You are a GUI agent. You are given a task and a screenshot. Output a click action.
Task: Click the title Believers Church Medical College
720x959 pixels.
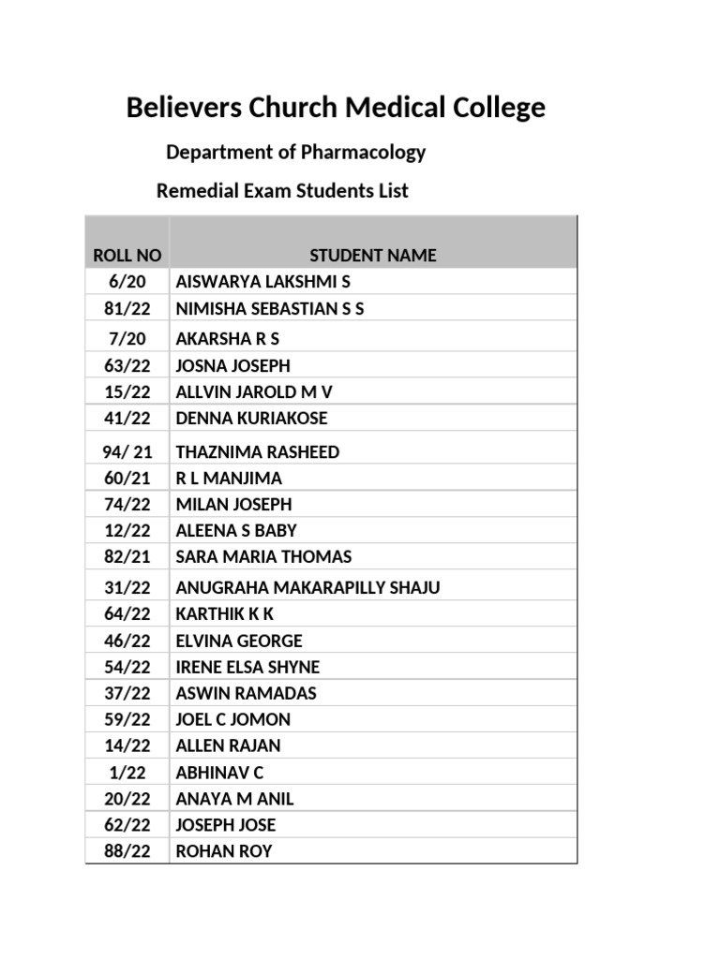point(336,109)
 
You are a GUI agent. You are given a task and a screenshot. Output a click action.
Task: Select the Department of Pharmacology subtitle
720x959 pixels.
point(295,152)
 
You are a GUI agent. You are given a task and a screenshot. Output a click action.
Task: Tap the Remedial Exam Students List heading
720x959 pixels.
point(281,191)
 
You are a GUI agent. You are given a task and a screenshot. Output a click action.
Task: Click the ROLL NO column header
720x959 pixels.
point(127,256)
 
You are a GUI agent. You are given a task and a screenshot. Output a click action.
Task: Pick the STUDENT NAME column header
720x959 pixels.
point(372,256)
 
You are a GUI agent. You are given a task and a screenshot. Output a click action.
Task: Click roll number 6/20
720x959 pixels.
point(127,282)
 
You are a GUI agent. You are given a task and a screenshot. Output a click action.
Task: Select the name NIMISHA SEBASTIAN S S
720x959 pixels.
point(269,308)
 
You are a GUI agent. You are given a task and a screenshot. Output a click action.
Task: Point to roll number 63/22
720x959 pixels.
point(127,366)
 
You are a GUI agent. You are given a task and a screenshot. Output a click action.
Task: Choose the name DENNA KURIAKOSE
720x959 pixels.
point(251,419)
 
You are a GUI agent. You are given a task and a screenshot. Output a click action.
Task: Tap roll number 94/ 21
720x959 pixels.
point(127,452)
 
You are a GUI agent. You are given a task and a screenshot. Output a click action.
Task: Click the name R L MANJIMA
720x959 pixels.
point(229,479)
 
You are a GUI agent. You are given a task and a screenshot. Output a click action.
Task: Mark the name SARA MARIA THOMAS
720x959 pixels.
point(263,557)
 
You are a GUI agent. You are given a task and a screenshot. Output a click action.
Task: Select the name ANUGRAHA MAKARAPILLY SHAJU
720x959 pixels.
point(307,589)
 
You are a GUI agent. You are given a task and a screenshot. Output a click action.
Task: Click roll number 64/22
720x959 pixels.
point(127,615)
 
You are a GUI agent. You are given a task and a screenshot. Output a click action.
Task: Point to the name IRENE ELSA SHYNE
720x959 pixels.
point(247,668)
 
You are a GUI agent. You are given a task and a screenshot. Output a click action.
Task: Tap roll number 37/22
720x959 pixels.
point(127,694)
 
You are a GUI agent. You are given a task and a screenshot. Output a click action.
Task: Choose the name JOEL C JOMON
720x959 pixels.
point(232,720)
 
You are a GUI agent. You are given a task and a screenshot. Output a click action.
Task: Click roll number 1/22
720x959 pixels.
point(127,774)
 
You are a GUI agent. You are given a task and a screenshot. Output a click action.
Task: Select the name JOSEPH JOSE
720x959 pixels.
point(225,826)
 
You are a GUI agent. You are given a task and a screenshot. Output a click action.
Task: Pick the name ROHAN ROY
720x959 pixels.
point(223,852)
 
